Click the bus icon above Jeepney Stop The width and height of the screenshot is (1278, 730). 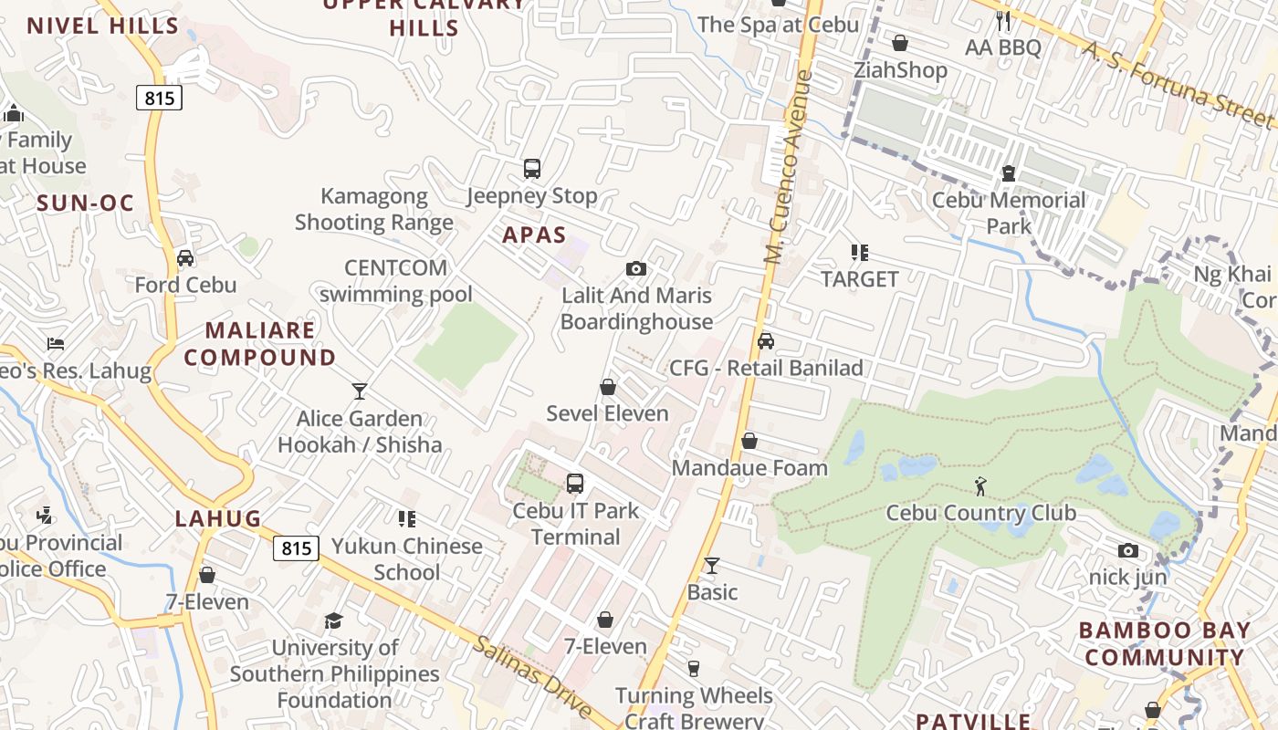coord(532,169)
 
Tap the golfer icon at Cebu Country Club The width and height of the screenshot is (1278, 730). coord(980,485)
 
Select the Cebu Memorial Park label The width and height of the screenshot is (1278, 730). coord(1008,214)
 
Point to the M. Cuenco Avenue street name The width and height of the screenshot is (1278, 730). coord(789,168)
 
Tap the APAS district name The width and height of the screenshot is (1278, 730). coord(534,235)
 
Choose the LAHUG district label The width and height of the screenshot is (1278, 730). coord(218,519)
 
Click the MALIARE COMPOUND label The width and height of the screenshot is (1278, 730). coord(260,344)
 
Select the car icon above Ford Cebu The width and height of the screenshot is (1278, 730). coord(185,258)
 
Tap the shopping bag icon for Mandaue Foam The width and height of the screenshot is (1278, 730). coord(749,442)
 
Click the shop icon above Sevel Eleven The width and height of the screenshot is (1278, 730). coord(608,387)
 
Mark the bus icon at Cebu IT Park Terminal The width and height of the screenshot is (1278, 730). coord(575,484)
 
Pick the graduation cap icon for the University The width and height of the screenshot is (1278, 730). coord(334,621)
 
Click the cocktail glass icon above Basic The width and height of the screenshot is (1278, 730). coord(712,566)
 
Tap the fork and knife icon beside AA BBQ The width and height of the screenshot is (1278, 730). coord(1004,20)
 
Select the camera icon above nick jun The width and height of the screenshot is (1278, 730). coord(1128,551)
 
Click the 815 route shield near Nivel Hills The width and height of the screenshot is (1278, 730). coord(160,97)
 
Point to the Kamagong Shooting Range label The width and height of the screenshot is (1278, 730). coord(373,209)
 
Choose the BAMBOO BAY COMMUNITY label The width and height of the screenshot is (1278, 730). coord(1165,644)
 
